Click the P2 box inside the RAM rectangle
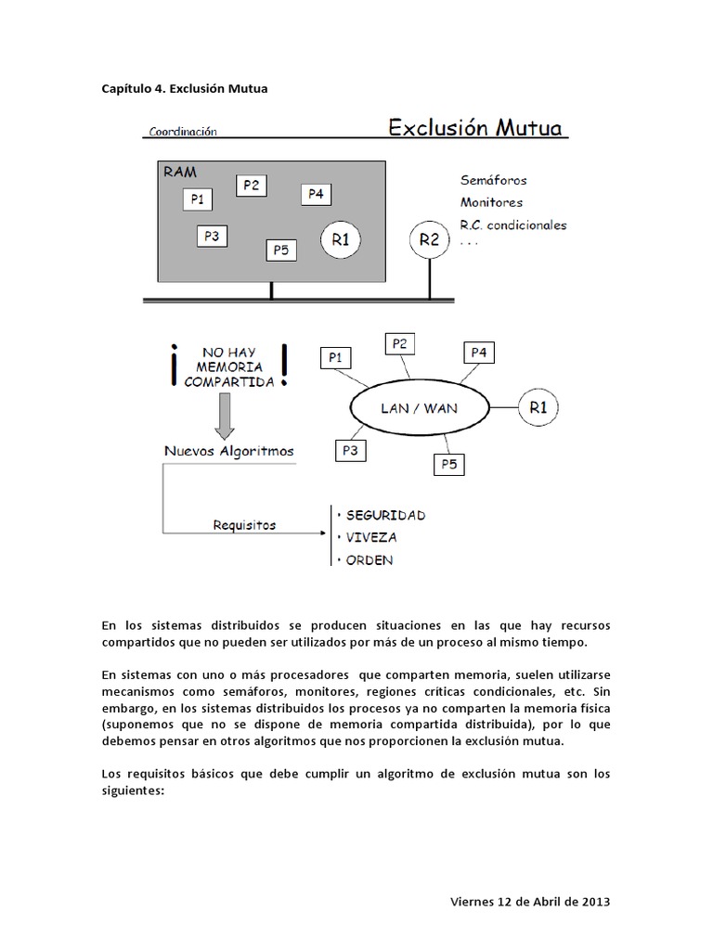tap(251, 185)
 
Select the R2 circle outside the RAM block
tap(429, 238)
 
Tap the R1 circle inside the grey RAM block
tap(341, 239)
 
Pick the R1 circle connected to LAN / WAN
tap(538, 407)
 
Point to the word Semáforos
tap(493, 180)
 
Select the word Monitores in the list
tap(491, 202)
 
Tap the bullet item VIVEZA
tap(370, 537)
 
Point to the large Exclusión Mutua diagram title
tap(475, 127)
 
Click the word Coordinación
tap(181, 132)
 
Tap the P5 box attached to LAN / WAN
tap(450, 464)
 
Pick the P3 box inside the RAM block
tap(212, 237)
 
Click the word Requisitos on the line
tap(244, 525)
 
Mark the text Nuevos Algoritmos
tap(228, 451)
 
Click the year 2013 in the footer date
tap(595, 902)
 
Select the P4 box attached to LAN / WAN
tap(478, 353)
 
